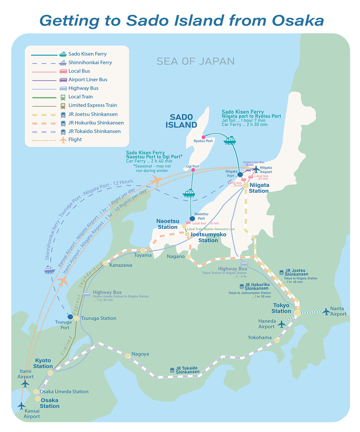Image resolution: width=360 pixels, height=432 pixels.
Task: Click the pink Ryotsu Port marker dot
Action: click(x=203, y=137)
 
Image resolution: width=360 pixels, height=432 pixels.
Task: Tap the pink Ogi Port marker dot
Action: click(x=193, y=170)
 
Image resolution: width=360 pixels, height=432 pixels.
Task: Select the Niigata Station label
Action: click(x=259, y=188)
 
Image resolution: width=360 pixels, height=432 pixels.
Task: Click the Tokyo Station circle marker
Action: click(x=297, y=313)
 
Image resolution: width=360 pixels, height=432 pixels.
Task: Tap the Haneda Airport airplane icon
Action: click(x=281, y=324)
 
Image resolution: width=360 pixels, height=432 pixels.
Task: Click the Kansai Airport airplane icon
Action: click(x=21, y=406)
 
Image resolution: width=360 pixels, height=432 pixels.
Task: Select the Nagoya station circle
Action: click(x=128, y=356)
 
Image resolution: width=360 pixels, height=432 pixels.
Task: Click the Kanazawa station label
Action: click(x=121, y=265)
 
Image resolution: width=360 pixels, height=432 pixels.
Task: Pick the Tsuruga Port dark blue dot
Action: click(x=70, y=317)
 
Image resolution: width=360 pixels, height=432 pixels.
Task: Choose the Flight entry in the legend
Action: click(x=75, y=140)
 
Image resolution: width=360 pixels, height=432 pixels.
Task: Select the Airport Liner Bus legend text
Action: click(x=88, y=80)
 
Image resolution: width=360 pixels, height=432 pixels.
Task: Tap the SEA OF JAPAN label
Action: click(x=195, y=61)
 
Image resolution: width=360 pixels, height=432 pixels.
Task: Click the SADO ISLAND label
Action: click(x=181, y=121)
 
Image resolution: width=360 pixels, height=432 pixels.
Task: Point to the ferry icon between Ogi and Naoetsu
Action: click(x=189, y=193)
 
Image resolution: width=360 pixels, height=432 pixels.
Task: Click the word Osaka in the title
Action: click(x=298, y=21)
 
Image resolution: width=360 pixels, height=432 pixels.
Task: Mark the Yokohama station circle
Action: click(x=277, y=340)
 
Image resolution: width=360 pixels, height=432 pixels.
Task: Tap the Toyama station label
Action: click(x=142, y=255)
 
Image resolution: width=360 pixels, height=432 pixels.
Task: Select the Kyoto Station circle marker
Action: click(x=50, y=373)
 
